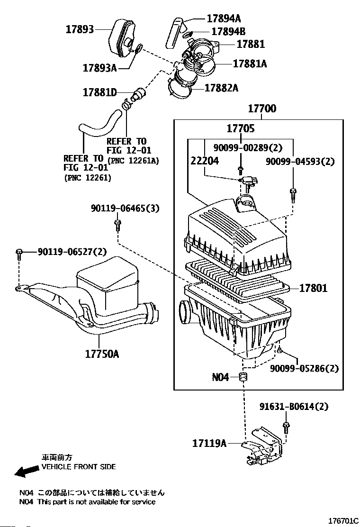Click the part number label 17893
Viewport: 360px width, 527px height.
[79, 29]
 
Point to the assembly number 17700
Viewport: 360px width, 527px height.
[262, 109]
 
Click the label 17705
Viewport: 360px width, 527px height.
[240, 128]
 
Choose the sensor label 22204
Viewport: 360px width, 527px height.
[205, 161]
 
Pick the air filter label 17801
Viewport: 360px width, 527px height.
[313, 288]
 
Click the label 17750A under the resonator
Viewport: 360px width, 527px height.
[102, 354]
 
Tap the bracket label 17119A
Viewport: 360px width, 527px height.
[209, 443]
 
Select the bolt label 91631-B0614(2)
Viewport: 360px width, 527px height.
[294, 407]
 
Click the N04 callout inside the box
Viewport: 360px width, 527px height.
[220, 377]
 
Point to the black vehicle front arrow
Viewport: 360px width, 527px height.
[27, 470]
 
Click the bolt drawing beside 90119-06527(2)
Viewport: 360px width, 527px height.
[19, 254]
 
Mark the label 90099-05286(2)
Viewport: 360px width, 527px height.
[305, 368]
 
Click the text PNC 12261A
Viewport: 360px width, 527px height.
[134, 161]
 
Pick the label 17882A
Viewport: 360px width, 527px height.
[221, 88]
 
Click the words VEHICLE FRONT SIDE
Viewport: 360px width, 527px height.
[79, 467]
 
